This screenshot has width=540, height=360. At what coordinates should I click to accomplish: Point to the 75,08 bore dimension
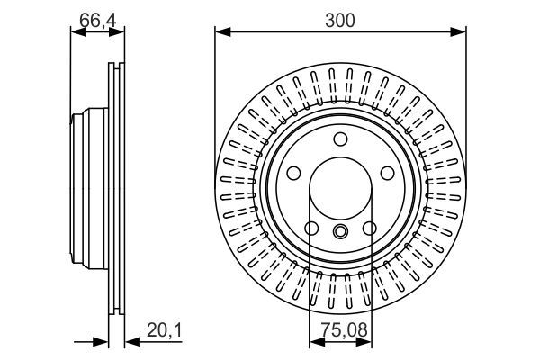click(340, 331)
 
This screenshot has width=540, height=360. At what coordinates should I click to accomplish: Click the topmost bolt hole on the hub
click(340, 139)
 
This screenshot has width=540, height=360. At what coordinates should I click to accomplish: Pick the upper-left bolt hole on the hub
click(294, 173)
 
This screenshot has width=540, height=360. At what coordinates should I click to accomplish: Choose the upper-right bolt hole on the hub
click(386, 173)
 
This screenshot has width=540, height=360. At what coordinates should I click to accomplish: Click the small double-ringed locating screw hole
click(340, 233)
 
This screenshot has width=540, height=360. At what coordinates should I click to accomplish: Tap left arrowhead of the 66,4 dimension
click(76, 32)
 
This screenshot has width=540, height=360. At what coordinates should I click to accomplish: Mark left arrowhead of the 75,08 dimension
click(314, 342)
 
